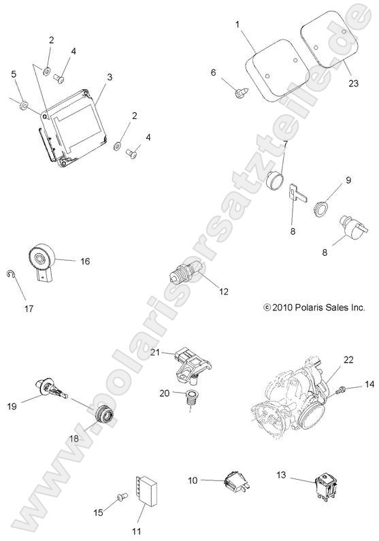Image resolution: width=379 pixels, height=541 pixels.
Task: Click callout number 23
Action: pos(353,83)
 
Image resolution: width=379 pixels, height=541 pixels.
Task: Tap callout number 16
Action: pos(85,261)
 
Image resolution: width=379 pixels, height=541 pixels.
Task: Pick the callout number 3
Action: pos(110,77)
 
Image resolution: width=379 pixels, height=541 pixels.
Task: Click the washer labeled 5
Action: pos(24,105)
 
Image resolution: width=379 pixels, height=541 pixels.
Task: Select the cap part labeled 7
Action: pos(276,180)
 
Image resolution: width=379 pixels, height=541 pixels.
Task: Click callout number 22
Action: pos(348,359)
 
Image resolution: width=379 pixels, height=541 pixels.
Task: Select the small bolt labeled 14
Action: pos(342,389)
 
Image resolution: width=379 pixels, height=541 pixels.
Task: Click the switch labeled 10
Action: pos(237,481)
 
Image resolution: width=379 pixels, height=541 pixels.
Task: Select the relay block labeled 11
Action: pos(147,490)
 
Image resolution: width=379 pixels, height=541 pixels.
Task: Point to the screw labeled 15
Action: pos(122,497)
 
